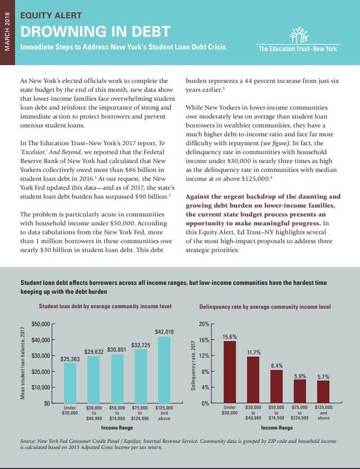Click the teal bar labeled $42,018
[x=164, y=369]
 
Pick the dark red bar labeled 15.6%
[x=229, y=372]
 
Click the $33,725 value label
[x=140, y=345]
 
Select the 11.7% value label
[x=254, y=352]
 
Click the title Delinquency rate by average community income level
[x=264, y=307]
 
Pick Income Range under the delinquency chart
[x=277, y=428]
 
